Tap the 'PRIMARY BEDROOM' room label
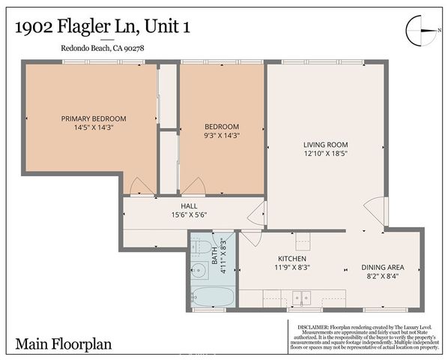[94, 118]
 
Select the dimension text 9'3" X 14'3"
[222, 136]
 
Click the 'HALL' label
[189, 205]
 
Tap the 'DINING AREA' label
[384, 266]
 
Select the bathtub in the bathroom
[211, 294]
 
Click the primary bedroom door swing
[139, 186]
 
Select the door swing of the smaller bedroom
[193, 186]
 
